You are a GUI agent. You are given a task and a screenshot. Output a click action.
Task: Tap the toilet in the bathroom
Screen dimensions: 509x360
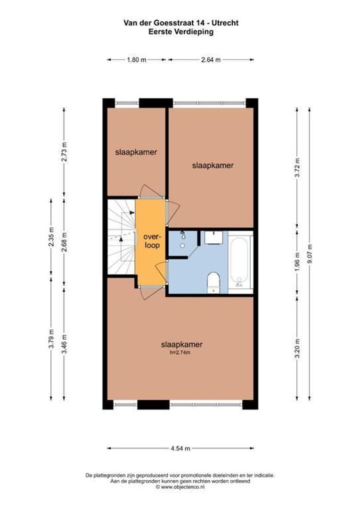pyautogui.click(x=214, y=282)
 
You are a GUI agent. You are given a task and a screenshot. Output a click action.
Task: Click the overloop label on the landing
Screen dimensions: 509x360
pyautogui.click(x=152, y=241)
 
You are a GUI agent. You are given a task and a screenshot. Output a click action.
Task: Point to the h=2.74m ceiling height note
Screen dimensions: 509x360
pyautogui.click(x=182, y=352)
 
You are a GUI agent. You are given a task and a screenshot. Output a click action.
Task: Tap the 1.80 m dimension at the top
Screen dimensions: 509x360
pyautogui.click(x=137, y=60)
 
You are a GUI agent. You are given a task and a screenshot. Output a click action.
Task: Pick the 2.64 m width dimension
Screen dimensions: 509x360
pyautogui.click(x=211, y=60)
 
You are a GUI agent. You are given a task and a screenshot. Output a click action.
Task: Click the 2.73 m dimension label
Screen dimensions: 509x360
pyautogui.click(x=65, y=152)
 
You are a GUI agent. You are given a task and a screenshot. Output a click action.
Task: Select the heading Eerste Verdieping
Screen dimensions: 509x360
pyautogui.click(x=180, y=32)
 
